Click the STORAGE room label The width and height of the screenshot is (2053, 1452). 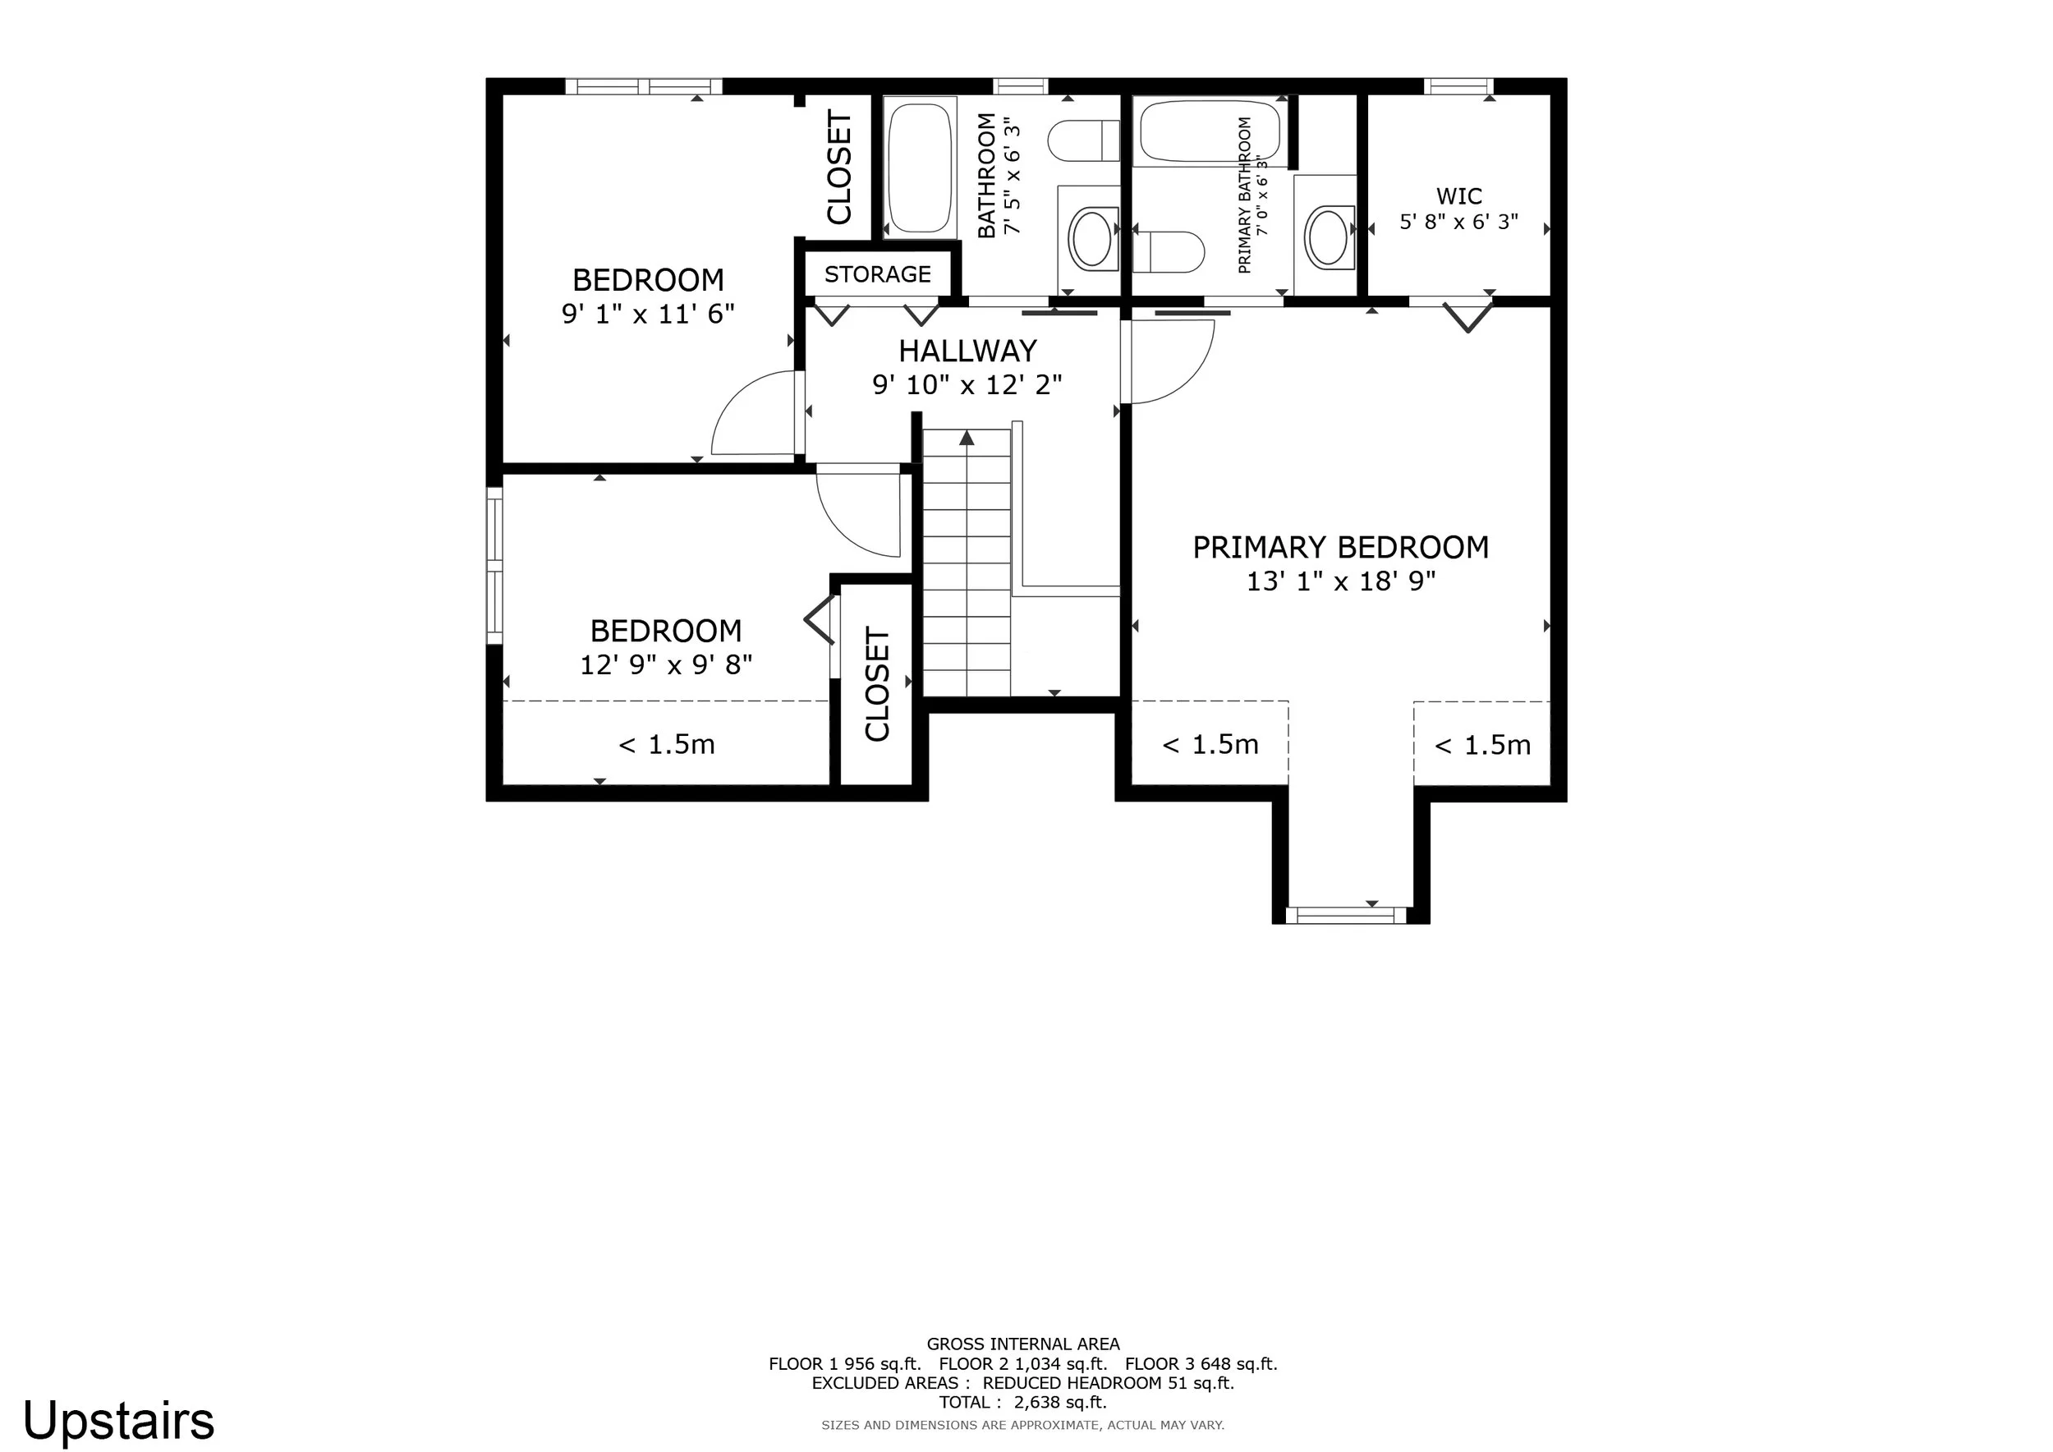coord(877,274)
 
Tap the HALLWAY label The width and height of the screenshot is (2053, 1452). coord(967,351)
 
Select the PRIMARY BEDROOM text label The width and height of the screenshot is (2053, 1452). coord(1340,547)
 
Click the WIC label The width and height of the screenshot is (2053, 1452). coord(1459,195)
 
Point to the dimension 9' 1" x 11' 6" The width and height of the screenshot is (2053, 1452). coord(648,314)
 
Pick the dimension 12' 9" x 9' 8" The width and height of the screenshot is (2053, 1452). coord(666,665)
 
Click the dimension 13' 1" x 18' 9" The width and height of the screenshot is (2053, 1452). coord(1341,581)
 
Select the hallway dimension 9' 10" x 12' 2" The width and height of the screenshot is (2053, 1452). coord(967,384)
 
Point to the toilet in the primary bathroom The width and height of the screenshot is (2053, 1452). coord(1169,252)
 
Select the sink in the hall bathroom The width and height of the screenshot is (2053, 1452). coord(1091,237)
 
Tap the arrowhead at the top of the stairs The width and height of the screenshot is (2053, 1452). coord(967,437)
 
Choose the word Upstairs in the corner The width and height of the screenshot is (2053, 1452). coord(118,1420)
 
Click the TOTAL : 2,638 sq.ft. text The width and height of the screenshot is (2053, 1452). coord(1023,1402)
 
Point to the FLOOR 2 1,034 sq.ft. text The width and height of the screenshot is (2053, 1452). coord(1023,1363)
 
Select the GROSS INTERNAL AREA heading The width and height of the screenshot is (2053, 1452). coord(1023,1344)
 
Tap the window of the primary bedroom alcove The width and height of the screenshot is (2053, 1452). coord(1346,915)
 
